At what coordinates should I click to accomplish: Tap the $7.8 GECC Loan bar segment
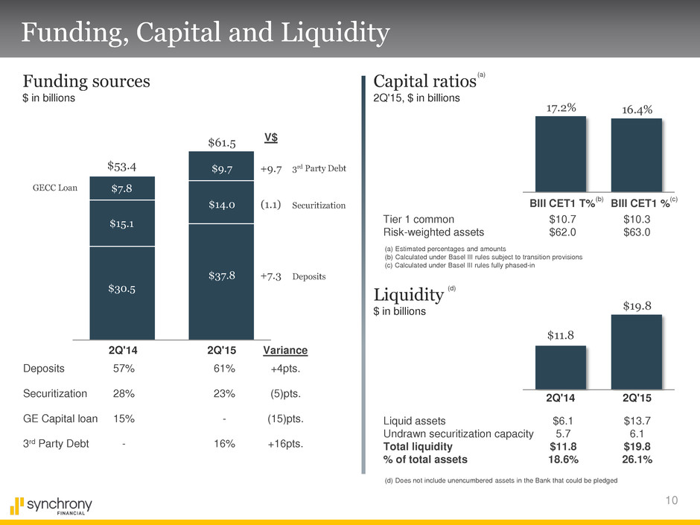pyautogui.click(x=122, y=188)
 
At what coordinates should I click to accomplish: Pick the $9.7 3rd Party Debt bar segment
pyautogui.click(x=222, y=169)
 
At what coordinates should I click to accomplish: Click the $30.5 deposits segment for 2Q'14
pyautogui.click(x=122, y=288)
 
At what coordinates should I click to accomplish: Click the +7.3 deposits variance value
pyautogui.click(x=270, y=276)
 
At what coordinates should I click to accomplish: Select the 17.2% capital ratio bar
pyautogui.click(x=560, y=154)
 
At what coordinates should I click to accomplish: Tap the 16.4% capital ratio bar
pyautogui.click(x=637, y=156)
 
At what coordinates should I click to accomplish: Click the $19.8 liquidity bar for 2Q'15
pyautogui.click(x=637, y=351)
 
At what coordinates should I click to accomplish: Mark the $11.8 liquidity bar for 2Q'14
pyautogui.click(x=560, y=366)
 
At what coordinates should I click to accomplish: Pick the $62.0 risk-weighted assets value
pyautogui.click(x=560, y=232)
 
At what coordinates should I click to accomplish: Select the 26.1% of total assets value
pyautogui.click(x=637, y=459)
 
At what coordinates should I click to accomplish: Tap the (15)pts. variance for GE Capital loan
pyautogui.click(x=284, y=419)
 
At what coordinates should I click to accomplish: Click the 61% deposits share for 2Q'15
pyautogui.click(x=224, y=368)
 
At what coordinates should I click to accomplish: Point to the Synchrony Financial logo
pyautogui.click(x=53, y=506)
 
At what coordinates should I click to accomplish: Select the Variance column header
pyautogui.click(x=285, y=351)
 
